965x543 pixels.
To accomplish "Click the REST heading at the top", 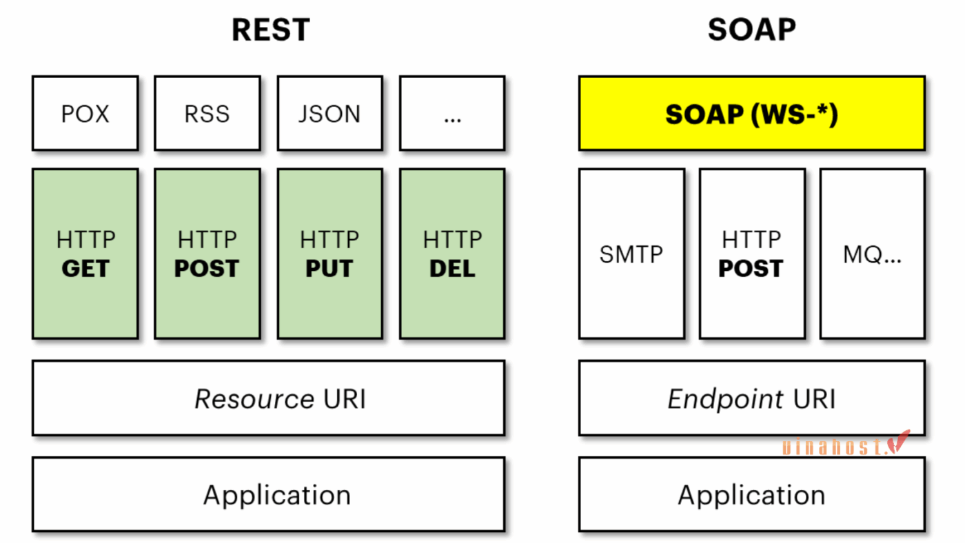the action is [270, 30].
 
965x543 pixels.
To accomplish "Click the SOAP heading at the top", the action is [752, 30].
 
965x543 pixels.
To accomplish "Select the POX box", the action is [85, 113].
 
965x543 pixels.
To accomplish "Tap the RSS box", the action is [207, 113].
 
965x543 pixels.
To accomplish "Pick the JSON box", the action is [330, 113].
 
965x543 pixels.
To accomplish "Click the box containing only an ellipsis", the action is [452, 113].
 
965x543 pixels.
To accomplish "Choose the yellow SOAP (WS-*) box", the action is [752, 113].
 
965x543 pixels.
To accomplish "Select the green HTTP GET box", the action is [85, 254].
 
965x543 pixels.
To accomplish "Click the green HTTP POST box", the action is [207, 254].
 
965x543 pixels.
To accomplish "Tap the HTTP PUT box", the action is [330, 254].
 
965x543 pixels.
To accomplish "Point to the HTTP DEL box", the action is [452, 254].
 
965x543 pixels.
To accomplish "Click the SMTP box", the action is [631, 254].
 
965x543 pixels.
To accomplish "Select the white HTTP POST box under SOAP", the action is [752, 254].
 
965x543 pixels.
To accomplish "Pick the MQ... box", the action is [873, 254].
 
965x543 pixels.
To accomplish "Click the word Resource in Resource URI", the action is [254, 399].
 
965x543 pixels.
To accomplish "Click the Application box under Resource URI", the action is [268, 494].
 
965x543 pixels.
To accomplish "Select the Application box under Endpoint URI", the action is [752, 494].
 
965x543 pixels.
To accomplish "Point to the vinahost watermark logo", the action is [846, 444].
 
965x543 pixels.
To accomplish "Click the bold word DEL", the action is [452, 269].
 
